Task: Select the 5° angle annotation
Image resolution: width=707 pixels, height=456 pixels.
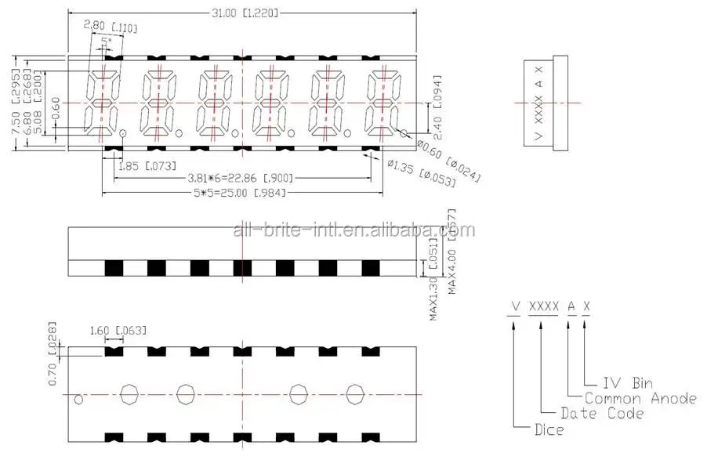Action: point(106,40)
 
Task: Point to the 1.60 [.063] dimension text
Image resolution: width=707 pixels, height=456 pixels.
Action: point(122,330)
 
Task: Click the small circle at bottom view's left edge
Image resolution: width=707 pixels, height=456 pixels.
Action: point(78,400)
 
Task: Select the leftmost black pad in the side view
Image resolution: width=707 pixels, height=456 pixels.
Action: point(114,267)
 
